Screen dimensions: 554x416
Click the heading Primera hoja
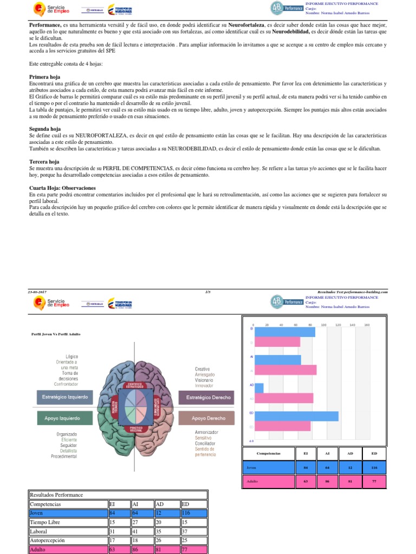pos(44,77)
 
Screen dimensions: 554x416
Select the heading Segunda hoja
pos(45,129)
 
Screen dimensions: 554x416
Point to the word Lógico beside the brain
pos(71,357)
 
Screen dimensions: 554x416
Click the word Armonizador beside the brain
pos(206,432)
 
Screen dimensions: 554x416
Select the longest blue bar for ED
pos(296,416)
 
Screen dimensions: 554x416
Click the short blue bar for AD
pos(259,388)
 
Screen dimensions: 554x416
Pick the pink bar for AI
pos(285,370)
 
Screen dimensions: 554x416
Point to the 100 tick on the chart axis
pos(324,325)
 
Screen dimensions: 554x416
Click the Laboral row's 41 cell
pos(142,531)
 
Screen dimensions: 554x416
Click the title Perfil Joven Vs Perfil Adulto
pos(56,334)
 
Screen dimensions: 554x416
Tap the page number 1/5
pos(207,292)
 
